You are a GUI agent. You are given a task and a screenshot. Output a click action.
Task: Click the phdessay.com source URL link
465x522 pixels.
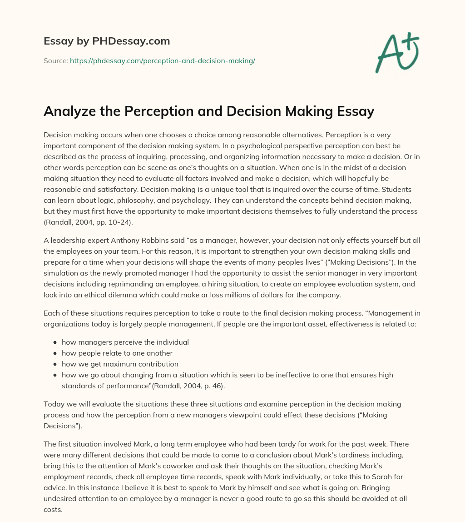[163, 60]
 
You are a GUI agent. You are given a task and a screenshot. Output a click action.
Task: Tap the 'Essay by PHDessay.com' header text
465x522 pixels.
[107, 41]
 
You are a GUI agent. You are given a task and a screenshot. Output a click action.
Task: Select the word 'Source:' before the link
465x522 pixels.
[55, 60]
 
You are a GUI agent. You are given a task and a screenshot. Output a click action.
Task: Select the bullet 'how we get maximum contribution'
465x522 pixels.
[120, 364]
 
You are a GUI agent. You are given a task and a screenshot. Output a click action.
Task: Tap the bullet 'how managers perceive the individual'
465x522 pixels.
[125, 342]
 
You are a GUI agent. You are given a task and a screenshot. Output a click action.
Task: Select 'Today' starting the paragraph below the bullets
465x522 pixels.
[53, 403]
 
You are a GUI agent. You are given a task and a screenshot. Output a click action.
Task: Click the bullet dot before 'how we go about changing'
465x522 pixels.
[55, 375]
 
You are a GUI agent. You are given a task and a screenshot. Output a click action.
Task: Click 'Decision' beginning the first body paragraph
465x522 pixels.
[58, 135]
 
